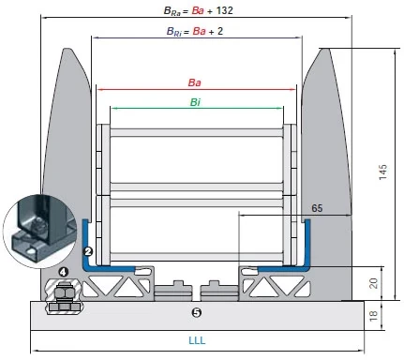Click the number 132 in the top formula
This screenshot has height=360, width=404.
click(224, 10)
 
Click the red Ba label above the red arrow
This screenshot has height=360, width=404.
click(194, 82)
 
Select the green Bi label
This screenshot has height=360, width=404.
click(195, 102)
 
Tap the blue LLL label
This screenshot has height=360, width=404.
click(197, 340)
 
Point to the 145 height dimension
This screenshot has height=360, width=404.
click(382, 172)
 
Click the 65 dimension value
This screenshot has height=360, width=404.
click(317, 208)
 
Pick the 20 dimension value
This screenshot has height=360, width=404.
click(374, 283)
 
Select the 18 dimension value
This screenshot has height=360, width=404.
click(373, 316)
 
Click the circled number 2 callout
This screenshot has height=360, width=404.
click(89, 251)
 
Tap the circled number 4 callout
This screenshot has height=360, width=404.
click(63, 272)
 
